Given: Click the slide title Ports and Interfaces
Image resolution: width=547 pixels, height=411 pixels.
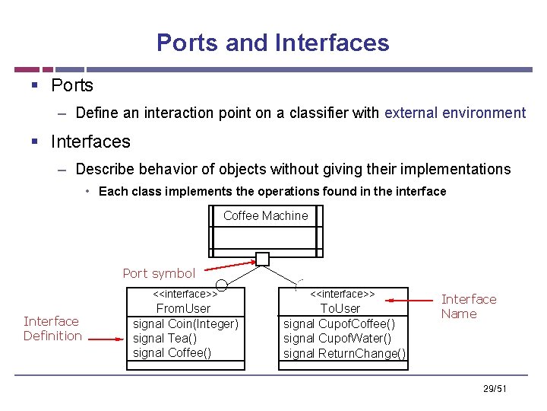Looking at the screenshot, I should click(273, 43).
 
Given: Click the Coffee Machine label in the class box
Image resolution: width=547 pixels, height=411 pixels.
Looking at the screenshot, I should click(265, 215).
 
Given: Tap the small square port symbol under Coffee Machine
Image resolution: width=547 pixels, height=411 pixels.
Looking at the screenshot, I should click(262, 259).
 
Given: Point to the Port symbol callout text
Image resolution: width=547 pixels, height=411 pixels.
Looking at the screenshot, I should click(159, 273).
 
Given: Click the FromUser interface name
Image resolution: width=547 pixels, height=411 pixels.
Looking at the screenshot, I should click(183, 308).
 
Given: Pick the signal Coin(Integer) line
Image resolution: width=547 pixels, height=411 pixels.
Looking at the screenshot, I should click(185, 323).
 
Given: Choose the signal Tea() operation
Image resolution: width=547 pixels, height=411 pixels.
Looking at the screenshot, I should click(164, 338).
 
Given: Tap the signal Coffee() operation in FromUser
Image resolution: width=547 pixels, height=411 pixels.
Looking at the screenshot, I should click(172, 352).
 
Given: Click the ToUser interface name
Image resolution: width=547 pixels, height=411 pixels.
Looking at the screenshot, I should click(340, 308).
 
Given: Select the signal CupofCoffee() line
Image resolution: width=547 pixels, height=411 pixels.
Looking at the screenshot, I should click(339, 323).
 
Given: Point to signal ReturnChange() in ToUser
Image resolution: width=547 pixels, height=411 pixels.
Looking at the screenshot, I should click(344, 353).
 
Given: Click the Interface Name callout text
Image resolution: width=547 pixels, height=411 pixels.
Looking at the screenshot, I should click(469, 307).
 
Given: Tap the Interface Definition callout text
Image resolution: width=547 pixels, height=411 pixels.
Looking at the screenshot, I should click(52, 328).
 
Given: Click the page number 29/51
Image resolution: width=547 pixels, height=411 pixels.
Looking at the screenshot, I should click(494, 390).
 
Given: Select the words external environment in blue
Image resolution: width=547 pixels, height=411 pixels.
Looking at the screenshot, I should click(455, 113).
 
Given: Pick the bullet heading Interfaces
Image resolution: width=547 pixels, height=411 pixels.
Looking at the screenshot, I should click(90, 142).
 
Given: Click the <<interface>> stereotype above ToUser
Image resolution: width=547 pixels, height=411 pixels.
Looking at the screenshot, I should click(343, 294).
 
